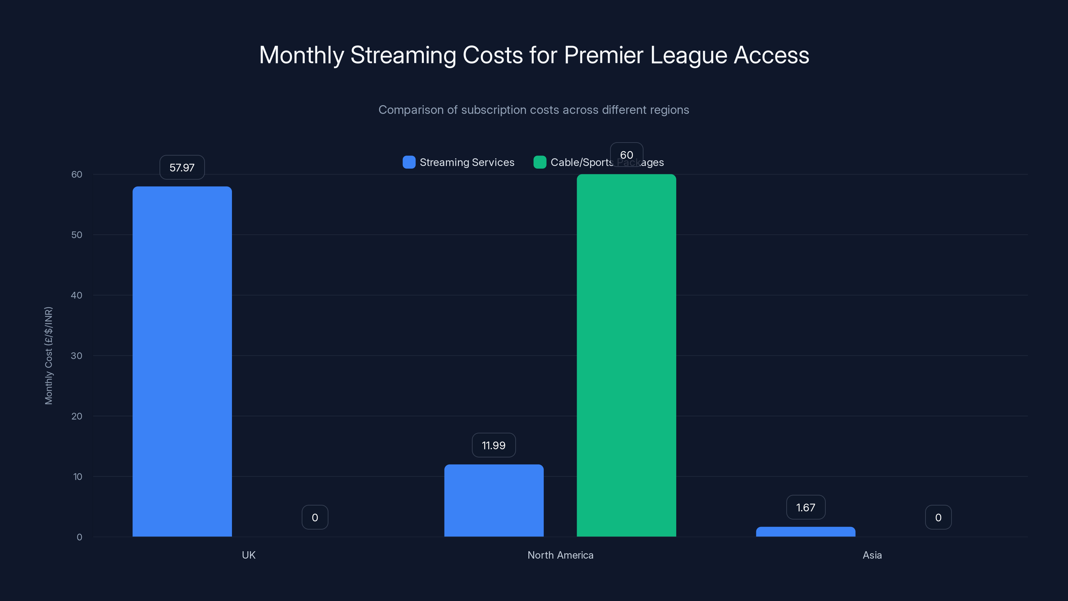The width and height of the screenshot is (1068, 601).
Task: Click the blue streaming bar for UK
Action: tap(182, 361)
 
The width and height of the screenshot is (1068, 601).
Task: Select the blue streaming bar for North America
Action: tap(494, 500)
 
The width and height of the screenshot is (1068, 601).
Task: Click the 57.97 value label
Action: tap(182, 168)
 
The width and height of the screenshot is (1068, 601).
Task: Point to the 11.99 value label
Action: tap(493, 445)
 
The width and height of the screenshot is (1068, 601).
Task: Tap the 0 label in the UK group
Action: tap(315, 517)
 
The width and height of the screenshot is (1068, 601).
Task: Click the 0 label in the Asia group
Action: tap(938, 517)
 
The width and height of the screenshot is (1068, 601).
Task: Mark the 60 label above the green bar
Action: tap(626, 155)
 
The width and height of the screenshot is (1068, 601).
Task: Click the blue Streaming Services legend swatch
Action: tap(409, 162)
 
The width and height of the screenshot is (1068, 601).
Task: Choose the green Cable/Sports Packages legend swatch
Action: tap(539, 162)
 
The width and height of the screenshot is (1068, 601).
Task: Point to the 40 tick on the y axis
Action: tap(77, 295)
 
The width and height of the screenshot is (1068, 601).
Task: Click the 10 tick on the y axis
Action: tap(77, 476)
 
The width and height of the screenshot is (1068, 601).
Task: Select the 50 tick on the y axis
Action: tap(77, 235)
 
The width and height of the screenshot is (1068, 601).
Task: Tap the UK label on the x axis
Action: tap(248, 555)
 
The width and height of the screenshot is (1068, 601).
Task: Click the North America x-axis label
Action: tap(560, 555)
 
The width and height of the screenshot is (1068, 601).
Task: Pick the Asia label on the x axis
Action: tap(872, 555)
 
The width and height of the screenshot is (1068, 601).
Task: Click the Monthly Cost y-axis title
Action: tap(48, 356)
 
